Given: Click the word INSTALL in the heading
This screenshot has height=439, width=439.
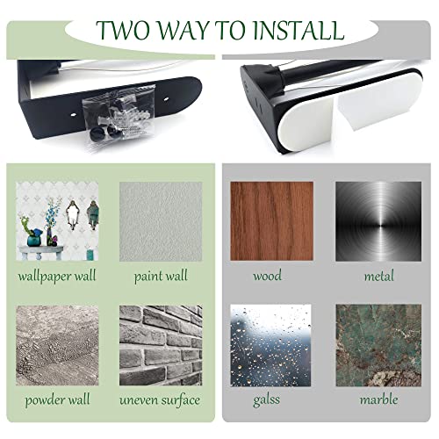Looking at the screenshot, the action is point(299,31).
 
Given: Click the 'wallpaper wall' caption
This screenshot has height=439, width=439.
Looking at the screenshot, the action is point(57,276).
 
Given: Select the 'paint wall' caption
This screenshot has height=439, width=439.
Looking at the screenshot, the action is point(161,276).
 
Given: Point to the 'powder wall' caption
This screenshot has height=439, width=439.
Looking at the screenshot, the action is point(57,399).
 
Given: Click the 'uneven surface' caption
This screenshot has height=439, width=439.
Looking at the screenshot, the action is point(160,399).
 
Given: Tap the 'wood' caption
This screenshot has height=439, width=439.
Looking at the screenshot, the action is point(267,276).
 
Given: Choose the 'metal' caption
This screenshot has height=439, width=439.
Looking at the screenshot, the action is point(378,276).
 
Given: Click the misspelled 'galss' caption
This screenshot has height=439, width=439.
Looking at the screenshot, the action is point(266,399).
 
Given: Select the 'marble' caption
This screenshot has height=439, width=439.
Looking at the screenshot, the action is point(378,399).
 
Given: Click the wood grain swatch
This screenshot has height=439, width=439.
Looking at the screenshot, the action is point(272,221).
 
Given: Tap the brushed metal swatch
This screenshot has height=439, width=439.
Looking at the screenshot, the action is point(378,221).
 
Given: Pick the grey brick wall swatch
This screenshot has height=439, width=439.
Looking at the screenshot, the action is point(161,346).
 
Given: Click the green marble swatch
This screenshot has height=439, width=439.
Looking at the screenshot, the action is point(378,345).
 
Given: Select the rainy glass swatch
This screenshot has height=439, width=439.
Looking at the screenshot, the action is point(270,345).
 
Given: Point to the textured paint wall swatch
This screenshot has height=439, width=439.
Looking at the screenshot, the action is point(161,221).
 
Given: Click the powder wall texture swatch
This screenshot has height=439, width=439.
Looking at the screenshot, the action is point(57,346).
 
